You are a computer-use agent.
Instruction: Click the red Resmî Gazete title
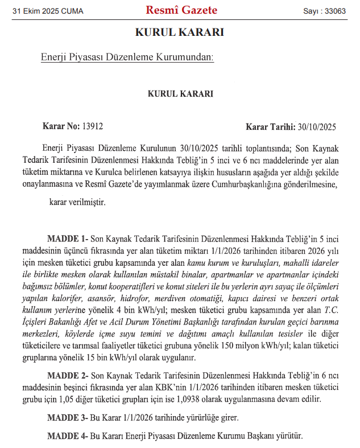pyautogui.click(x=181, y=10)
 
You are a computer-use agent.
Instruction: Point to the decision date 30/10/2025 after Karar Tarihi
pyautogui.click(x=317, y=126)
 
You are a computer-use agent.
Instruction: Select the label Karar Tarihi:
pyautogui.click(x=270, y=126)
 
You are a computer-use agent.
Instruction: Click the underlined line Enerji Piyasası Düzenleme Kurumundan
pyautogui.click(x=127, y=57)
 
